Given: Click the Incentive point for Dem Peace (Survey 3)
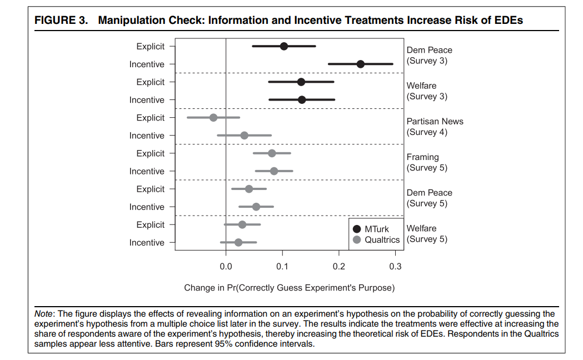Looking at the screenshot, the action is pyautogui.click(x=360, y=64).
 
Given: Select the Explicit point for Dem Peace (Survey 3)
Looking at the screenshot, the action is pyautogui.click(x=283, y=46).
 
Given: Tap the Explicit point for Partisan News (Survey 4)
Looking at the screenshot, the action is pyautogui.click(x=213, y=117).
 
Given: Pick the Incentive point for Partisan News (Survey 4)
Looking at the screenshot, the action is pyautogui.click(x=245, y=135).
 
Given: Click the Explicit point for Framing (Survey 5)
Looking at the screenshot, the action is pyautogui.click(x=272, y=153).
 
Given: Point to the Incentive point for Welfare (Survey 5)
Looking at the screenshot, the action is pyautogui.click(x=238, y=242).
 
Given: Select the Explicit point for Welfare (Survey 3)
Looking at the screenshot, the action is pyautogui.click(x=301, y=82).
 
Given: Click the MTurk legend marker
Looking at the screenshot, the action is pyautogui.click(x=357, y=229).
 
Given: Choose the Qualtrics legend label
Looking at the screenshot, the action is pyautogui.click(x=382, y=239).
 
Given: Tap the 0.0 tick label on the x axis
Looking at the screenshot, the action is pyautogui.click(x=226, y=266).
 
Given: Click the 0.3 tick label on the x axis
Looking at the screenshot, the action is pyautogui.click(x=395, y=266).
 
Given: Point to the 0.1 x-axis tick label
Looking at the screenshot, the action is pyautogui.click(x=282, y=266).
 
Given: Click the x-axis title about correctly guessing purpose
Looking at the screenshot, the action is pyautogui.click(x=289, y=288).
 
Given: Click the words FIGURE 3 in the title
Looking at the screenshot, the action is pyautogui.click(x=61, y=20).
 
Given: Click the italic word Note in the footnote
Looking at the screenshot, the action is pyautogui.click(x=43, y=313).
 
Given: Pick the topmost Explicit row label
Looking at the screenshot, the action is pyautogui.click(x=150, y=47).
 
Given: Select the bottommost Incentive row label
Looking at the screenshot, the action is pyautogui.click(x=147, y=243).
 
